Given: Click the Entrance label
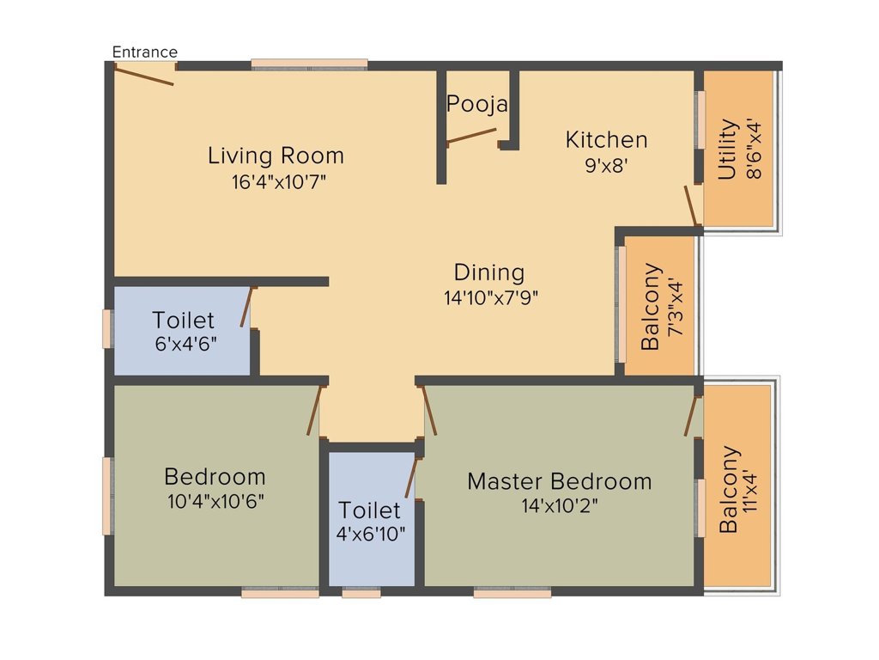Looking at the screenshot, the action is (144, 52).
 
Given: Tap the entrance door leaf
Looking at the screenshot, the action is (144, 76).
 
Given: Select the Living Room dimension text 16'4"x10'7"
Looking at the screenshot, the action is (279, 182).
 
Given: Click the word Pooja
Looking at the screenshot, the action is (477, 104).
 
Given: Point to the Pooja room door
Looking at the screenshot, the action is (471, 137).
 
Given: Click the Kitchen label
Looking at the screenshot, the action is (607, 140).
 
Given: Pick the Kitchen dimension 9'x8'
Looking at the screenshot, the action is (606, 166).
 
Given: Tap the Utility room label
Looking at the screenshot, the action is (727, 149).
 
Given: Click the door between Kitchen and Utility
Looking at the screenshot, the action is (694, 205).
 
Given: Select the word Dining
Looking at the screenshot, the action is (489, 272).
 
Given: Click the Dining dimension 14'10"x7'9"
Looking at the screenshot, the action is (491, 297).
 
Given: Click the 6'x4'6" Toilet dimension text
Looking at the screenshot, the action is (185, 344).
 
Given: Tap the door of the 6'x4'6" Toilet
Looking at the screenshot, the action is (247, 307).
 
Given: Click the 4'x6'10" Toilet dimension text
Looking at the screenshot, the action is (371, 534).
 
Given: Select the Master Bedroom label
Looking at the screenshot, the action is (560, 481).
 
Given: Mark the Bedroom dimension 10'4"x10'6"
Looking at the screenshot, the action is (215, 501).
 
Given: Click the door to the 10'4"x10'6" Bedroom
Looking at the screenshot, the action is (314, 410).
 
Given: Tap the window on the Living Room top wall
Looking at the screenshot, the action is (309, 64).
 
